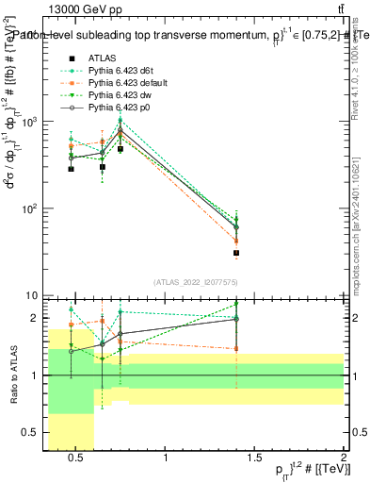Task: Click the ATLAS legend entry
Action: tap(100, 58)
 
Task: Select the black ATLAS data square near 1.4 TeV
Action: tap(236, 253)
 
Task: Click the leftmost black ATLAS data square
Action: tap(72, 169)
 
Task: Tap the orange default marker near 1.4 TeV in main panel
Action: tap(236, 241)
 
